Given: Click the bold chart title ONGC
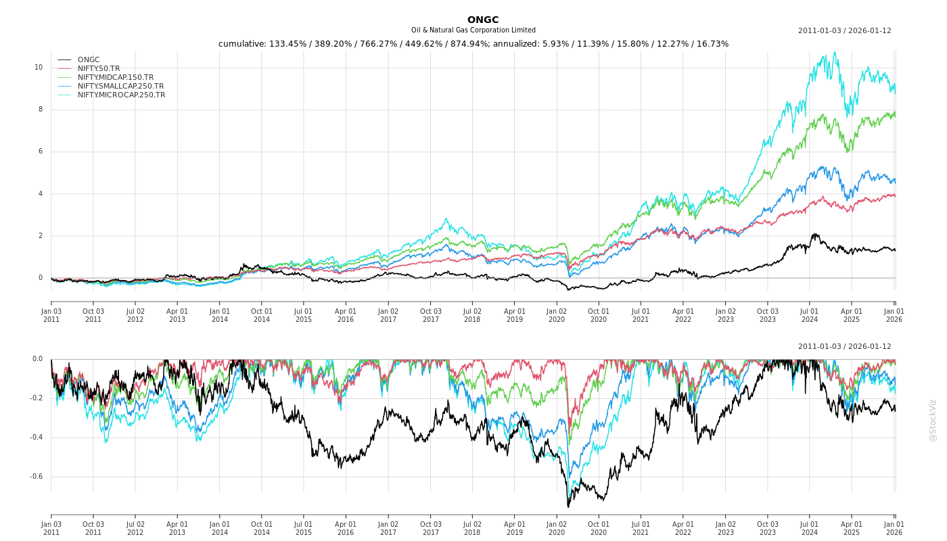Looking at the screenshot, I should (x=482, y=20).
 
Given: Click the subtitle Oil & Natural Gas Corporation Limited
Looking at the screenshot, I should (x=473, y=30).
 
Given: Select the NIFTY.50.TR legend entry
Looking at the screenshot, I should (x=98, y=68).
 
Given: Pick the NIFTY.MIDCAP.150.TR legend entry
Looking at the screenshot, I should (x=115, y=77).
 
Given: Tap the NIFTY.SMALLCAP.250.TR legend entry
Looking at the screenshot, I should (x=120, y=86).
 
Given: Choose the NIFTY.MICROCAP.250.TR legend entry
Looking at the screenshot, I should (x=121, y=95).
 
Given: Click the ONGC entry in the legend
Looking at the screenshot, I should (x=88, y=60).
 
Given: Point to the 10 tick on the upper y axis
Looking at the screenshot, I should (x=39, y=67).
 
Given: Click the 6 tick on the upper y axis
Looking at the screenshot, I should (x=40, y=151).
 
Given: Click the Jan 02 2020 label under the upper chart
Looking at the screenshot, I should (x=556, y=315).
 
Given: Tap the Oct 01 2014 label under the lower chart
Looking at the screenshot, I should (x=262, y=528).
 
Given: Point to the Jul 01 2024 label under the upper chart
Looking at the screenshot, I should (x=809, y=315).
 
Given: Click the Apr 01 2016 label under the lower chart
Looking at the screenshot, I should (x=346, y=528).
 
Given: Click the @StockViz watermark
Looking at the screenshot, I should (x=933, y=420).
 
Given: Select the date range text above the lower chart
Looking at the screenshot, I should (x=844, y=346).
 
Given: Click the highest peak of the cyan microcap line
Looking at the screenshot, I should (x=835, y=52).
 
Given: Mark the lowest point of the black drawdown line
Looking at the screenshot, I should (x=568, y=507).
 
